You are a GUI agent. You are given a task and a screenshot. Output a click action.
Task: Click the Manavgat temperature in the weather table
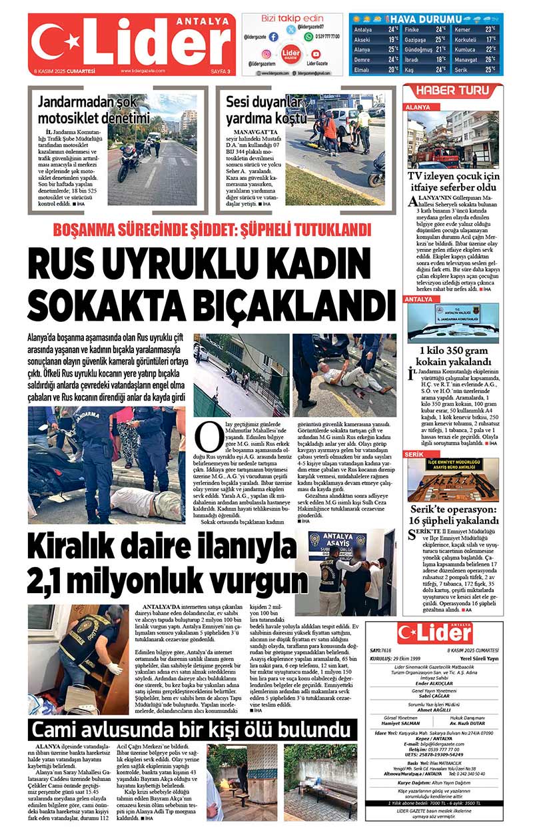pyautogui.click(x=490, y=59)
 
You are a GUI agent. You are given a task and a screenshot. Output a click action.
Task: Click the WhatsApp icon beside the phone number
pyautogui.click(x=308, y=37)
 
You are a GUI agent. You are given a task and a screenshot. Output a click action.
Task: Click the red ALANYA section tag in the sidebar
pyautogui.click(x=418, y=107)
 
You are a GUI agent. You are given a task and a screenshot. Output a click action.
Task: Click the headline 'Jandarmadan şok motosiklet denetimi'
pyautogui.click(x=93, y=111)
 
